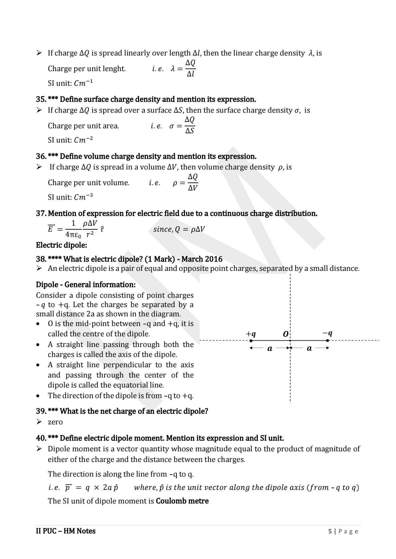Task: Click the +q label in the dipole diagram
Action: tap(251, 334)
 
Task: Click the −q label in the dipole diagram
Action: tap(327, 333)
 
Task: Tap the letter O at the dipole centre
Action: tap(286, 334)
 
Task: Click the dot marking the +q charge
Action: tap(251, 341)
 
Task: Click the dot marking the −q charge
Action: tap(328, 340)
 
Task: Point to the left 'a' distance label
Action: tap(270, 349)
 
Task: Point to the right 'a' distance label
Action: tap(309, 349)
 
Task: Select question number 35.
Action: tap(41, 99)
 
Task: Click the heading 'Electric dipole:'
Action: tap(62, 245)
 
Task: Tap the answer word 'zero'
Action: tap(55, 422)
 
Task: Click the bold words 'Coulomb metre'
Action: tap(182, 501)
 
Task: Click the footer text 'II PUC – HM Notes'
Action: tap(66, 531)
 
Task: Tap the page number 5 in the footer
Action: tap(330, 531)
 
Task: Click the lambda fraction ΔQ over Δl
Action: tap(190, 68)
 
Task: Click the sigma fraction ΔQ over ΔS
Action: tap(190, 125)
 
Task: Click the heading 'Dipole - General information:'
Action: tap(86, 285)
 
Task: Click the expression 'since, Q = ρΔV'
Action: tap(179, 229)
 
